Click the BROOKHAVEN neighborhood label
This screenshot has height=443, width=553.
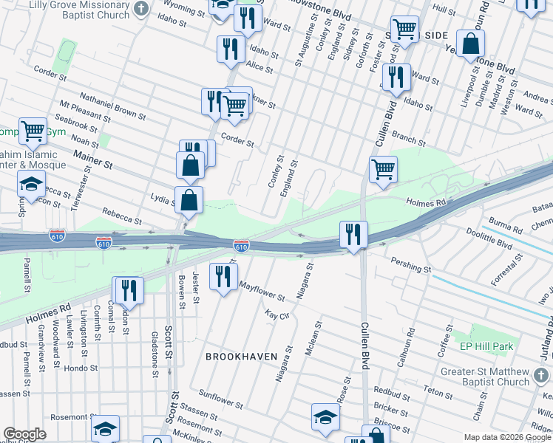tap(241, 356)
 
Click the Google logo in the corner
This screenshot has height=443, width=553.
tap(24, 434)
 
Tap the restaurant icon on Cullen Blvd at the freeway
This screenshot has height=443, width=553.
tap(353, 235)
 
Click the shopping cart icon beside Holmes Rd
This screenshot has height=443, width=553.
tap(383, 168)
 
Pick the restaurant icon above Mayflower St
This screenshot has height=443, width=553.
tap(223, 276)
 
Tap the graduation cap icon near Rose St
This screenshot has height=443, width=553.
tap(325, 416)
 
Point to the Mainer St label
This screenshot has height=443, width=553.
tap(92, 159)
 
